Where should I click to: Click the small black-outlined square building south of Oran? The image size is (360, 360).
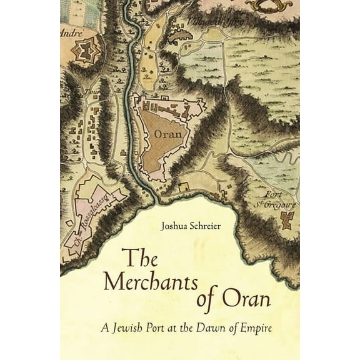[x=184, y=186]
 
